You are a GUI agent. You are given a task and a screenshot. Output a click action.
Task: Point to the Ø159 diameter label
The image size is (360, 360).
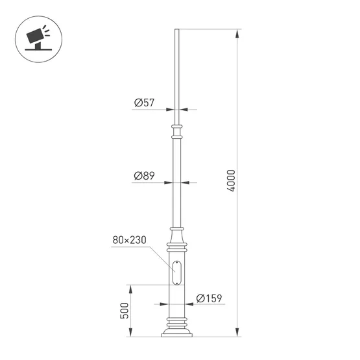pos(208,298)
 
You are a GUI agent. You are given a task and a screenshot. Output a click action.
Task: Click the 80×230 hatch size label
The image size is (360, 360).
pos(129,240)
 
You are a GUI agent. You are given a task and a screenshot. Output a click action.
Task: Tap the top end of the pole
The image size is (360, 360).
pos(176,30)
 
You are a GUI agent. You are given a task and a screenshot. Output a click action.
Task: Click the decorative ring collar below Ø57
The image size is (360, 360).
pos(176,126)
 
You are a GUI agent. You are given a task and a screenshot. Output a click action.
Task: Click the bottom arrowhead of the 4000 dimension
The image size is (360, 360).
pos(239,334)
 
